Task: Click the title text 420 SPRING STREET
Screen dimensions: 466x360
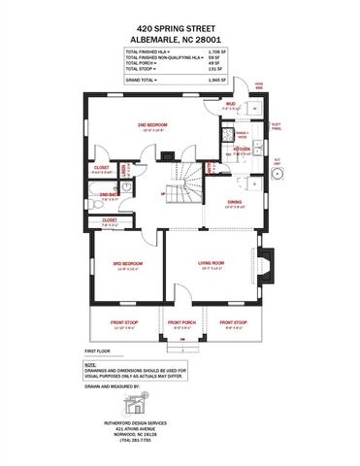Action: click(x=180, y=31)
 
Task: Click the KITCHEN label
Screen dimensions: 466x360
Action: click(x=242, y=150)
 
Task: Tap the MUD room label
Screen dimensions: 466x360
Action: click(x=230, y=104)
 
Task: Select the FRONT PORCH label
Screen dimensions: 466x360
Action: click(x=180, y=322)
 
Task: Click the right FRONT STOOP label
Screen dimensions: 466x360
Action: click(x=233, y=322)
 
